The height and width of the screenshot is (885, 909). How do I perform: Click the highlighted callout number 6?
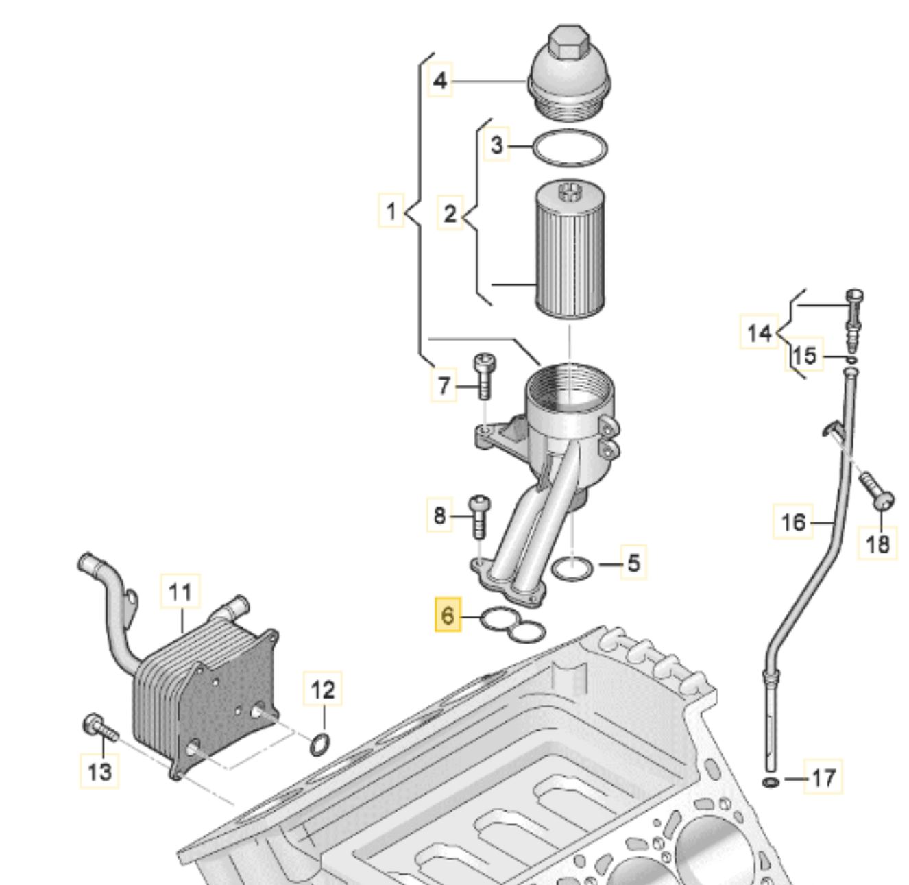[x=448, y=614]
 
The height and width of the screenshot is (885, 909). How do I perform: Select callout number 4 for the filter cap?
[x=440, y=80]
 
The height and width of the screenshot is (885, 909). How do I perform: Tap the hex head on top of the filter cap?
[x=563, y=43]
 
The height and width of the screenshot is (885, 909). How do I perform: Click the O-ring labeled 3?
[x=570, y=147]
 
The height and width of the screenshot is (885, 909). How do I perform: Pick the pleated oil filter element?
[x=570, y=248]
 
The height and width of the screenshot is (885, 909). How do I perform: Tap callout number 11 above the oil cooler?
[x=180, y=592]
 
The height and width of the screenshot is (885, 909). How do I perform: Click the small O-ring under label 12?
[x=320, y=744]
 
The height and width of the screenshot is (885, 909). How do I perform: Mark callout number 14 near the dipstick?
[x=759, y=332]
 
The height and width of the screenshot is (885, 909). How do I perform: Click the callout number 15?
[x=805, y=355]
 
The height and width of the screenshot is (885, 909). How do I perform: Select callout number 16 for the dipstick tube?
[x=793, y=522]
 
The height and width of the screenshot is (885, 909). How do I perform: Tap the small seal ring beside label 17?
[x=770, y=782]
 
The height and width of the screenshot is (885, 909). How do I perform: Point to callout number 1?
[x=391, y=210]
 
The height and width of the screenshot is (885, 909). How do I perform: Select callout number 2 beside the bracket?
[x=450, y=213]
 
